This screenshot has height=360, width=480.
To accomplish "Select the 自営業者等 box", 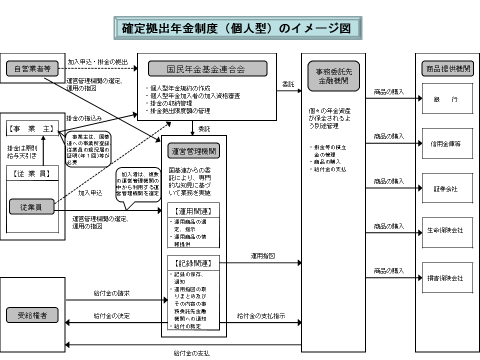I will (x=29, y=68).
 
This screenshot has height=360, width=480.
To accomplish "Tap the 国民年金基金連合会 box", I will (x=206, y=69).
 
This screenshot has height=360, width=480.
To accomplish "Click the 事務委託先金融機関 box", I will (x=334, y=76).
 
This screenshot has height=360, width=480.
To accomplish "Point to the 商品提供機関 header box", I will (x=447, y=69).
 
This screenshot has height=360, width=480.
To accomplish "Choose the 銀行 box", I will (x=447, y=99).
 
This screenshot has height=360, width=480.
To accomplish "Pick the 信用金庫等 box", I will (x=447, y=143).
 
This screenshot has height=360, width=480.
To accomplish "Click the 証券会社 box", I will (x=447, y=188).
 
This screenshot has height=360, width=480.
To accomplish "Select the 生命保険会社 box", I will (x=447, y=231).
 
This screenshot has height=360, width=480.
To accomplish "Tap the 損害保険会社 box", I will (x=447, y=278).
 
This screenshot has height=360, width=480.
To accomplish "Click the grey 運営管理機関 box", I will (x=194, y=151).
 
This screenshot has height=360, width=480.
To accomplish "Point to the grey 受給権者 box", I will (x=32, y=315).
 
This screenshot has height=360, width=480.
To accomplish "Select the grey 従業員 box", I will (x=32, y=206).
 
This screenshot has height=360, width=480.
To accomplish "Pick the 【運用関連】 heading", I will (x=193, y=211).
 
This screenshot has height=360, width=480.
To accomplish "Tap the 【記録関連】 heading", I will (x=193, y=262).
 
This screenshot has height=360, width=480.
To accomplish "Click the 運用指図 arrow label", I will (x=262, y=256).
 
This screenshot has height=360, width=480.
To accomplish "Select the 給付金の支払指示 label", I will (x=261, y=316).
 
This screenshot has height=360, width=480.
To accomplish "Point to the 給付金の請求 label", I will (x=111, y=293).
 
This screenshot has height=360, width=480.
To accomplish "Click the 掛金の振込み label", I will (x=84, y=118).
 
